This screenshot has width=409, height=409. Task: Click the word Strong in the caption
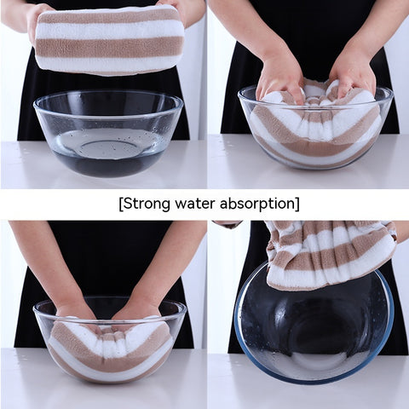coord(147,204)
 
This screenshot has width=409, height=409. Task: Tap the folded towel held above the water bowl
coord(109,41)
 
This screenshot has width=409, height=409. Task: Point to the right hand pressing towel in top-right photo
coord(352,75)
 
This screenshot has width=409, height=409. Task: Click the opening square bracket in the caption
coord(121,204)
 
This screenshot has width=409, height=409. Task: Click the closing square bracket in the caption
coord(297,204)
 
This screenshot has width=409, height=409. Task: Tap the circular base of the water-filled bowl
coord(108,147)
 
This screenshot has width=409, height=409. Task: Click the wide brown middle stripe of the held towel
coord(109,46)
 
